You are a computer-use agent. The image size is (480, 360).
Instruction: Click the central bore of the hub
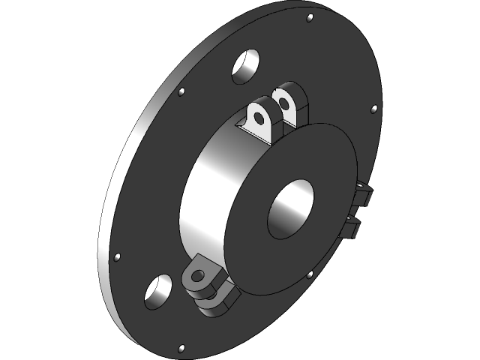289,207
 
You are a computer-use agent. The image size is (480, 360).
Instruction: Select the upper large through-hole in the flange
245,66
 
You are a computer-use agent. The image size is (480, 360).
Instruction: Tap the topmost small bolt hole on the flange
310,16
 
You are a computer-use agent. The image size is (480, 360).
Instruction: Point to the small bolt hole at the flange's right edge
373,109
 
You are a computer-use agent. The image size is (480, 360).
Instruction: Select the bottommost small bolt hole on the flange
180,348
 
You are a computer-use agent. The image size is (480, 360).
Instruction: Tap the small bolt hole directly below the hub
310,274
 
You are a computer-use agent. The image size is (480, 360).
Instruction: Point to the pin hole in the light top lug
259,118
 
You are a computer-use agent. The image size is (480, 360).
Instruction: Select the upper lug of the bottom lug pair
203,275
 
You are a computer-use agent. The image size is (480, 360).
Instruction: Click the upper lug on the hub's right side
363,195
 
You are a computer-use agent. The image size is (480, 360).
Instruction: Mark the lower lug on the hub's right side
355,226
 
